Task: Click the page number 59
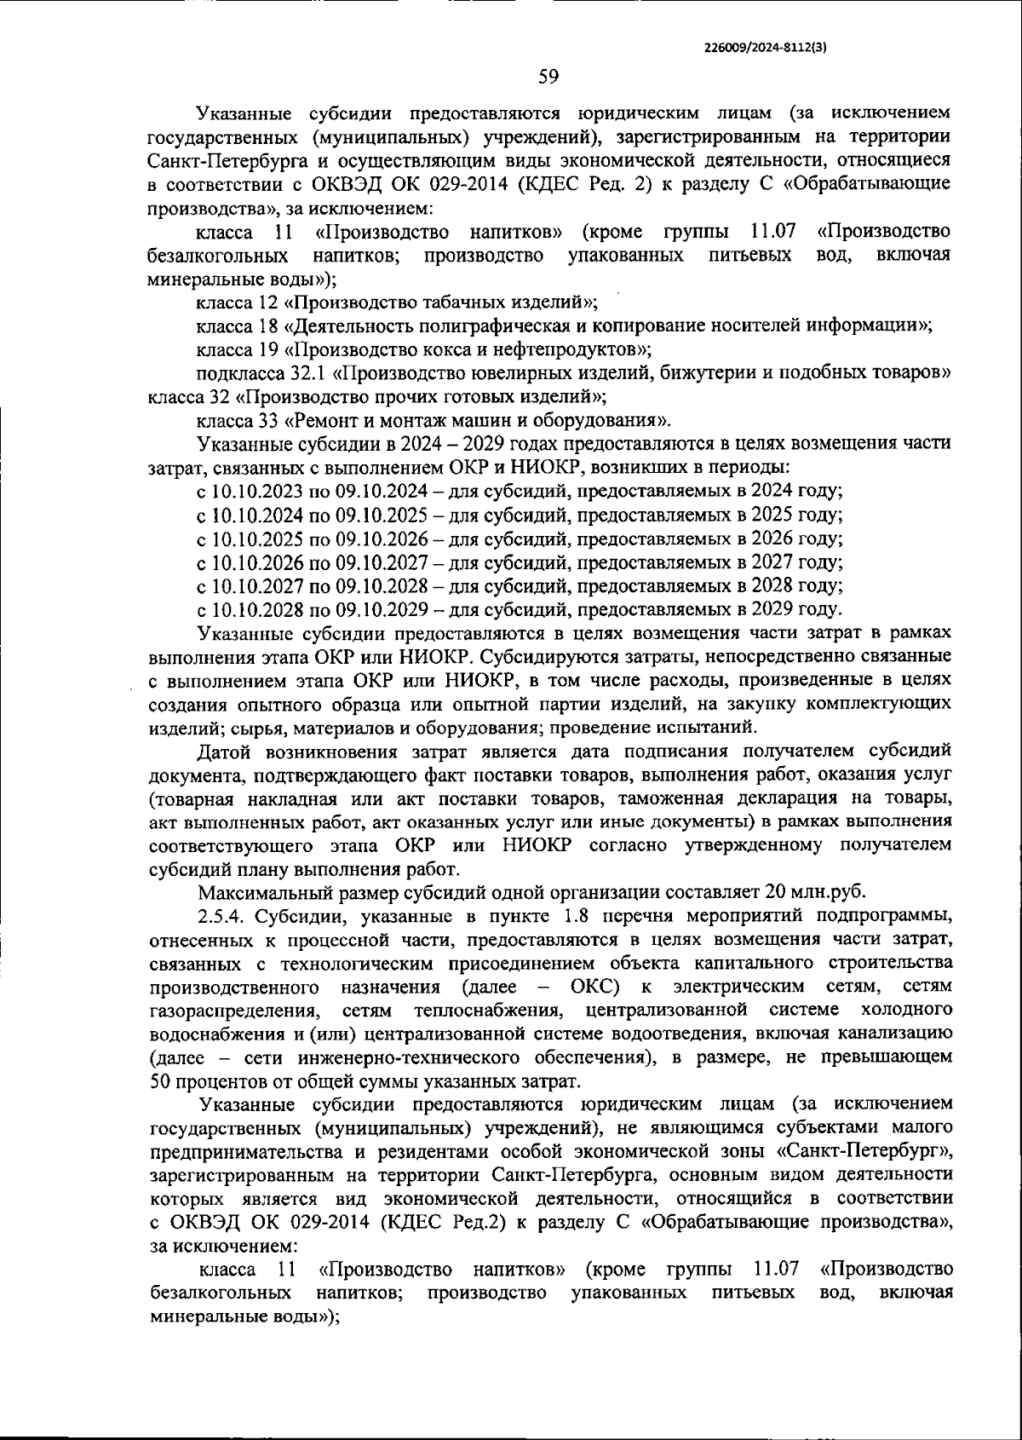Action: point(548,77)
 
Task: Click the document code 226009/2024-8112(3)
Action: point(767,49)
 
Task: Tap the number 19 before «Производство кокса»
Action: point(269,349)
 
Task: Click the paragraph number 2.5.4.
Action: point(221,916)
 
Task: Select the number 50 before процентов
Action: point(159,1082)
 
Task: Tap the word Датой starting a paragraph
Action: point(223,752)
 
